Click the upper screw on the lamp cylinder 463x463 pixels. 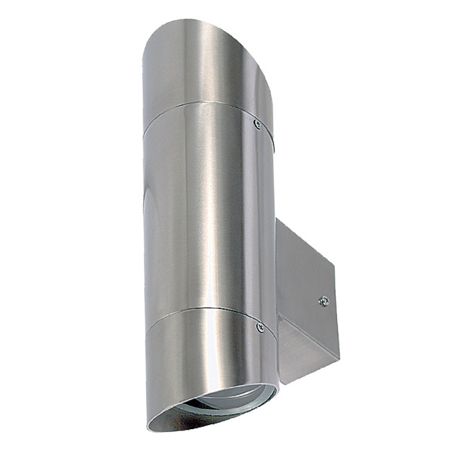257,124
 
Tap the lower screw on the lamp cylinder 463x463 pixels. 260,326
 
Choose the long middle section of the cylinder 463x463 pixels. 208,208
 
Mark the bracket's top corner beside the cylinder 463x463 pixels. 277,219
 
